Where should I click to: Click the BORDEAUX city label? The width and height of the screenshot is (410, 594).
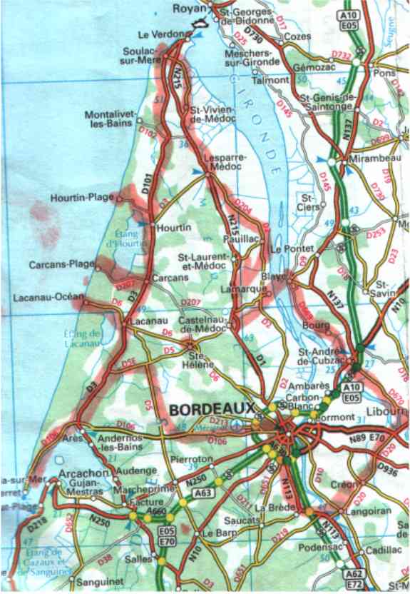pyautogui.click(x=212, y=411)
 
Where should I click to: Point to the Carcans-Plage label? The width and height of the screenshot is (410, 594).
pyautogui.click(x=61, y=264)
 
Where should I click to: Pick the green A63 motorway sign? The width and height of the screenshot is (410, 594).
pyautogui.click(x=201, y=491)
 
